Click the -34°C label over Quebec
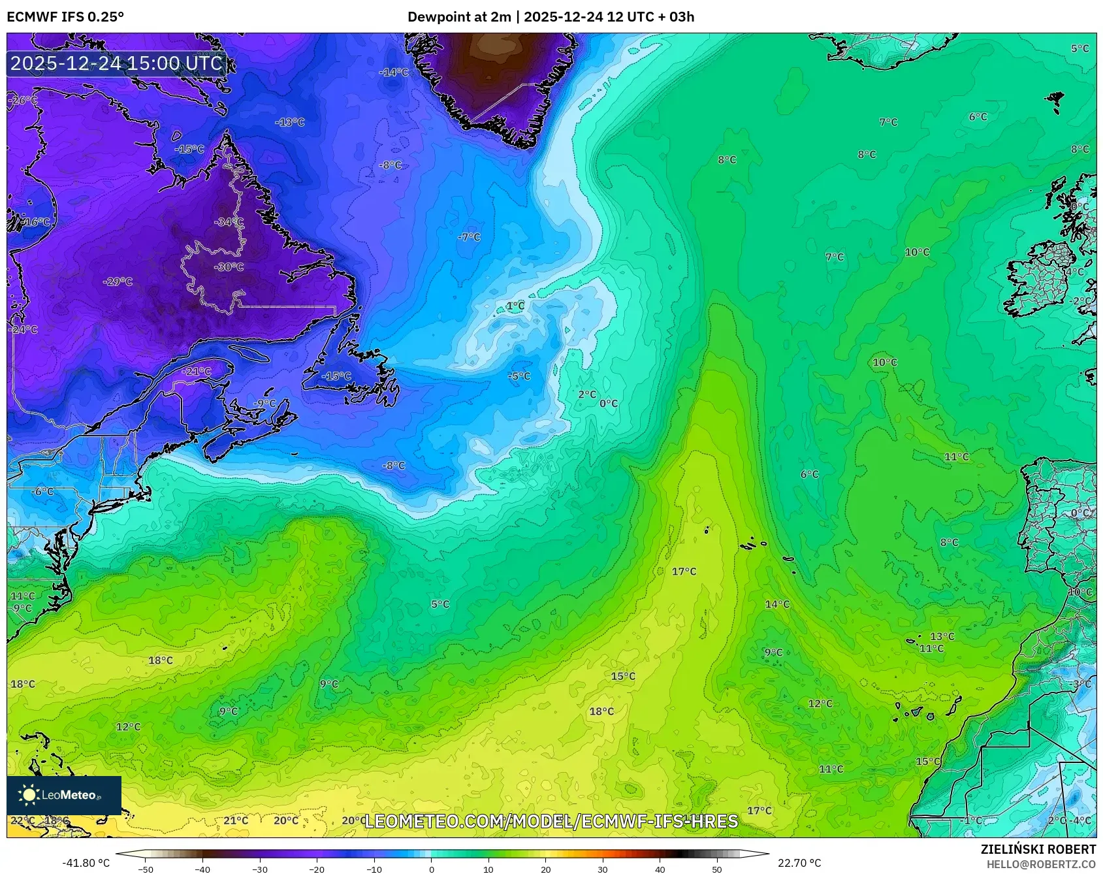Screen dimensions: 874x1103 click(229, 222)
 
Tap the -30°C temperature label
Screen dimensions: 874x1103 click(229, 267)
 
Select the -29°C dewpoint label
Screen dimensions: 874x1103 click(118, 282)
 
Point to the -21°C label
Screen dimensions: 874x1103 click(197, 371)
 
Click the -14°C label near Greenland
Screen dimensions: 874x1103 click(393, 72)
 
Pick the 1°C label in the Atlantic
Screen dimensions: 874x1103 click(515, 306)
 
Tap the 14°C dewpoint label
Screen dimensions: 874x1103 click(777, 604)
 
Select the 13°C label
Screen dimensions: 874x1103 click(942, 636)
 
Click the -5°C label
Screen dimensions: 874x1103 click(519, 376)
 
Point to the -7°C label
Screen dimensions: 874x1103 click(469, 237)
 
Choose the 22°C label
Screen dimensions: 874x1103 click(22, 820)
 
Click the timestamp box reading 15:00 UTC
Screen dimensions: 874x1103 click(116, 63)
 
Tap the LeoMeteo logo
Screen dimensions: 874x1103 click(64, 795)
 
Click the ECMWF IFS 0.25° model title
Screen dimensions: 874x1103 click(65, 17)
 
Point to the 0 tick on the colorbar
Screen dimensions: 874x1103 click(431, 869)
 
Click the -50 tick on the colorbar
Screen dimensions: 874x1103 click(146, 869)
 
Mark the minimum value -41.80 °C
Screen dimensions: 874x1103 click(86, 863)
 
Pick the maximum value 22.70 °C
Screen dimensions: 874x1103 click(799, 863)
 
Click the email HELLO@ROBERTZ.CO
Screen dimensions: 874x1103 click(1041, 864)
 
